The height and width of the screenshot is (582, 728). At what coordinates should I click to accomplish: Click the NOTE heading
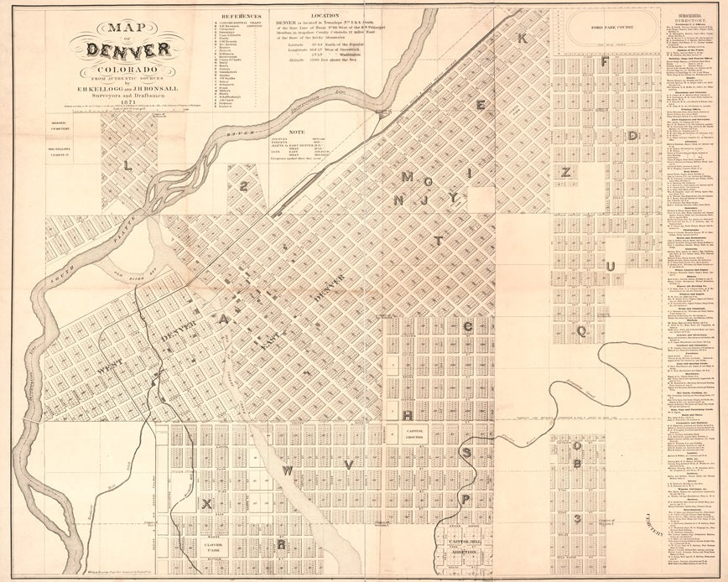296,131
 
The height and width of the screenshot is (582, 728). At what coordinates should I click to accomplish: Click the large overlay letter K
521,39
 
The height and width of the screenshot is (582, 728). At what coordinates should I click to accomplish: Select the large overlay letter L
127,166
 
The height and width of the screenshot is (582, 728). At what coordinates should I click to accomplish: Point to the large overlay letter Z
566,173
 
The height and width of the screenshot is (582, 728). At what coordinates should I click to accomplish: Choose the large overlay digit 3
577,518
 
